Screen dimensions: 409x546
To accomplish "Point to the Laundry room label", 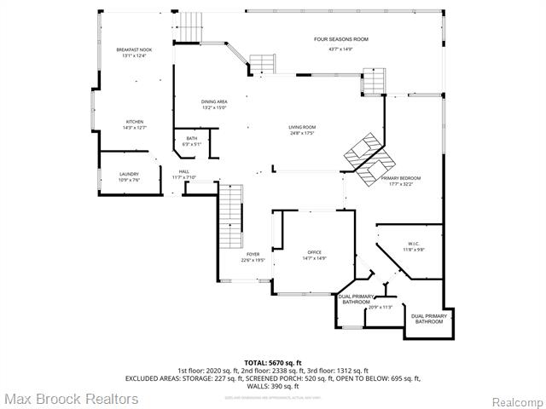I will click(128, 174).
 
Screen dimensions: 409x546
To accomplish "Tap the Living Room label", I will click(302, 127).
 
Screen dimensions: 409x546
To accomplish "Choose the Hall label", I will click(183, 171).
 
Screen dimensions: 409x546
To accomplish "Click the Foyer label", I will click(253, 254).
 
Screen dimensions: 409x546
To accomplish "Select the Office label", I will click(314, 252).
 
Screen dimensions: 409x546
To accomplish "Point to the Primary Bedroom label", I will click(406, 178).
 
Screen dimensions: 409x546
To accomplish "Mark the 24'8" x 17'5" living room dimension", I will click(302, 134).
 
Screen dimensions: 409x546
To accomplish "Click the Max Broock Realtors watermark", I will click(70, 398).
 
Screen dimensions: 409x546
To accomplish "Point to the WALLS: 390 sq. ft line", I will click(273, 386).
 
